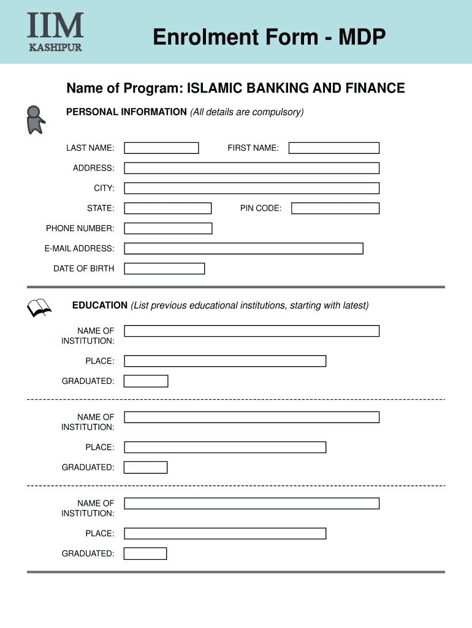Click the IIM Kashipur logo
pos(55,32)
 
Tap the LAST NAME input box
pos(161,148)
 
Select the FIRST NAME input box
pos(334,148)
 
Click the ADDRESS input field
pos(251,168)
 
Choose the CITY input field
pos(251,188)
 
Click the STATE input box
pos(167,209)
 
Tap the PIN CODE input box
pos(335,209)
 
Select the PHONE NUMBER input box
pos(168,229)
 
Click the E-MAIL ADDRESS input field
pos(243,248)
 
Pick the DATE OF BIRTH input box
pos(164,269)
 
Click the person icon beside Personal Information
pos(35,120)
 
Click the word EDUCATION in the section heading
pos(100,305)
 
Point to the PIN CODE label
pos(261,209)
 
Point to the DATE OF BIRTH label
pos(83,269)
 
